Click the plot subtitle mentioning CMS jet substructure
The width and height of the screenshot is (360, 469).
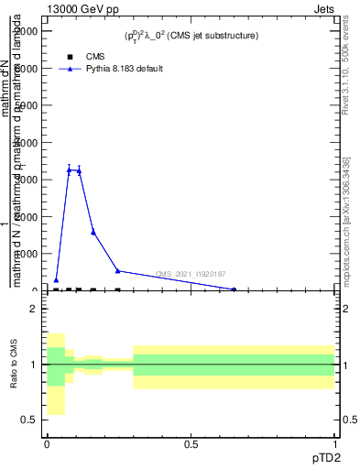(x=191, y=36)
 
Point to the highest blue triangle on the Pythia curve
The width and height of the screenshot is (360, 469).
(x=70, y=169)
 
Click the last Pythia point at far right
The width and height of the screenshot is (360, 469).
(x=234, y=289)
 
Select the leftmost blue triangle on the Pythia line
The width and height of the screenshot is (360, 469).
(x=56, y=280)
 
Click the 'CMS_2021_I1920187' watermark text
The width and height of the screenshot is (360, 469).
(x=191, y=274)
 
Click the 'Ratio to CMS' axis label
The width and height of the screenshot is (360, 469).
(x=15, y=365)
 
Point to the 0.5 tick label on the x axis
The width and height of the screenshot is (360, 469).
(x=191, y=443)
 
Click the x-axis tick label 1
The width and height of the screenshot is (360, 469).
(x=334, y=443)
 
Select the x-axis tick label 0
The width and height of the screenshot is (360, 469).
(x=47, y=443)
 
